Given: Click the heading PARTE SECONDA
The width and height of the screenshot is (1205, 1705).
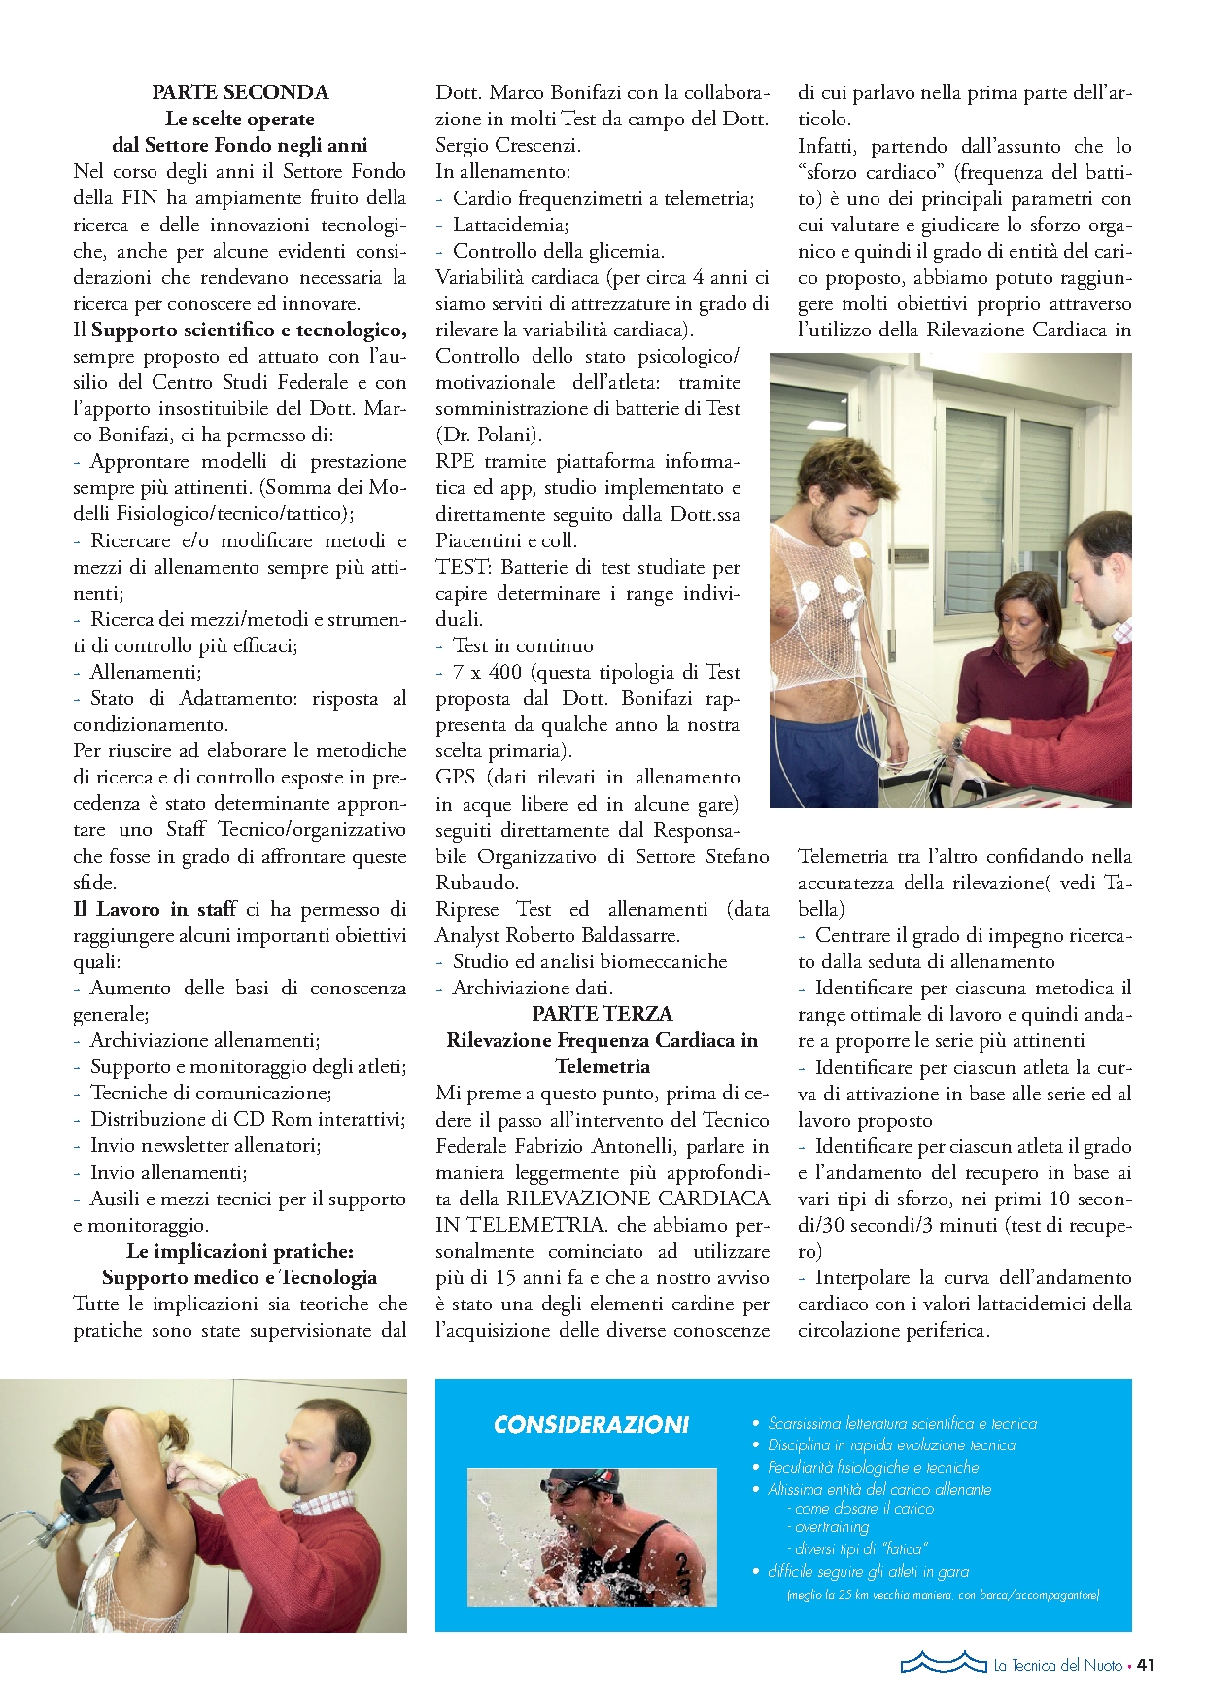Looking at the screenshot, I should (240, 92).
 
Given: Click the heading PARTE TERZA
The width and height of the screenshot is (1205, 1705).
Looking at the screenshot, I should (602, 1013).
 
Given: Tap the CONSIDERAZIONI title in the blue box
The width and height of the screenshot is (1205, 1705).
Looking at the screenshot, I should (591, 1425).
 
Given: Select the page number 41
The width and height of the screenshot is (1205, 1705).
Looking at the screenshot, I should (1146, 1665).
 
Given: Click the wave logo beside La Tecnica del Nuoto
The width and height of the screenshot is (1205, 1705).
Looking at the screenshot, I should (943, 1662).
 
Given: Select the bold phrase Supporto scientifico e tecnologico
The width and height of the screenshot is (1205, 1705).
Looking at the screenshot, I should (249, 330).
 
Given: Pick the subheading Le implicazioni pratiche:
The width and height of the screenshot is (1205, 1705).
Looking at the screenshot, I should (240, 1251).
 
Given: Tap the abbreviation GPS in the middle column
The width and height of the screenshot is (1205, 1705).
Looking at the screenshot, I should (455, 777).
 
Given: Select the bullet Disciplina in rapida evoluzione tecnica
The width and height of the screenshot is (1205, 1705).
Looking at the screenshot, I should (891, 1445).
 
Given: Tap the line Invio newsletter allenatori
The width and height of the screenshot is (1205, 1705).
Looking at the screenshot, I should (205, 1145).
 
